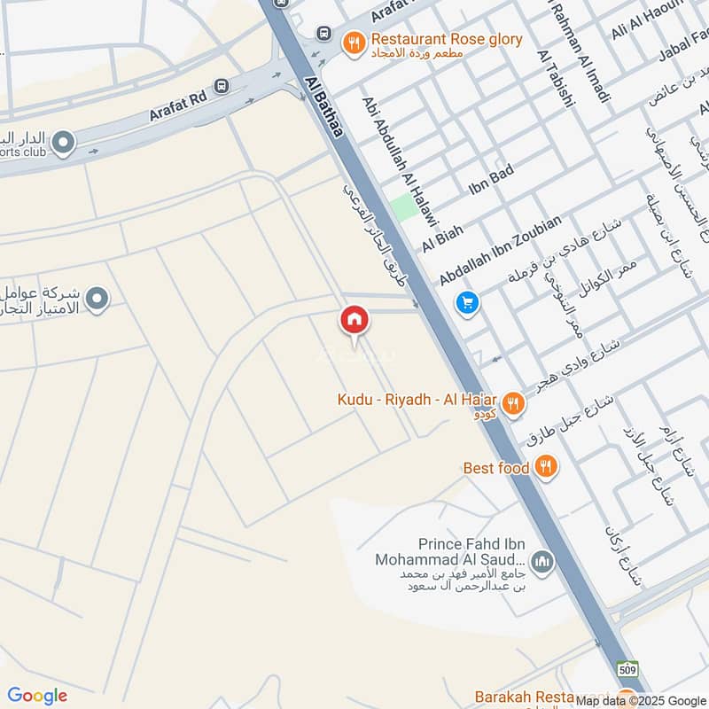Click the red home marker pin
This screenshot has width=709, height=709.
click(354, 321)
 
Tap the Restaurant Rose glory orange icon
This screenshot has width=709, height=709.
click(354, 42)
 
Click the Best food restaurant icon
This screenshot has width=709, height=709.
click(546, 467)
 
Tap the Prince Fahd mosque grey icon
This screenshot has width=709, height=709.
click(542, 560)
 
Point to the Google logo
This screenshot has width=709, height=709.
click(37, 696)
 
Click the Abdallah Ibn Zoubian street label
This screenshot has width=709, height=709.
click(501, 251)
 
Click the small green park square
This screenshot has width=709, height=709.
click(404, 206)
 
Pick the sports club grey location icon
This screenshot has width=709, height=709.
click(63, 142)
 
